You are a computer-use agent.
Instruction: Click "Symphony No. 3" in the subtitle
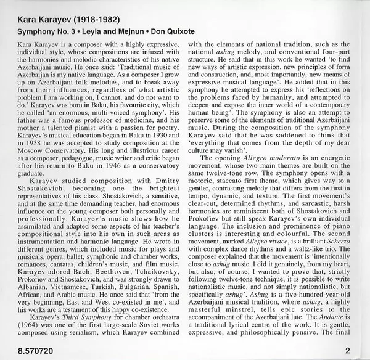(x=36, y=30)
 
